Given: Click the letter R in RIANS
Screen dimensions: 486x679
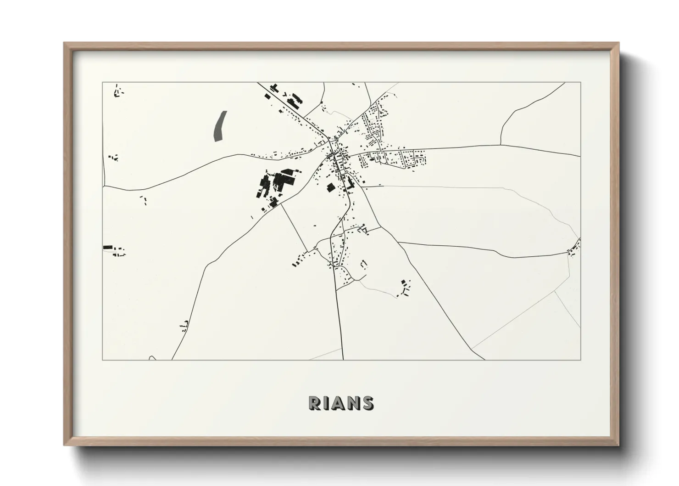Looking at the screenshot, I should click(315, 403).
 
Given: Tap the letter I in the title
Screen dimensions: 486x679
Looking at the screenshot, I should click(327, 403).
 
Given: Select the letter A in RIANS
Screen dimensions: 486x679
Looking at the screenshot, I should click(339, 403).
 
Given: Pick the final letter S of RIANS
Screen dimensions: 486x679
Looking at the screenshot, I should click(367, 403).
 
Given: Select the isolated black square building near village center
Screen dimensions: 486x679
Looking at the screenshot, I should click(330, 187).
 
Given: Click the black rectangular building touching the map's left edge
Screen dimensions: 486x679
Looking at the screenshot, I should click(108, 248).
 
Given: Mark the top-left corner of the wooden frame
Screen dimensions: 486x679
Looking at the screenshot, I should click(65, 44).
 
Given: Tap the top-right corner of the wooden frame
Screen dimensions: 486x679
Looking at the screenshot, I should click(618, 44).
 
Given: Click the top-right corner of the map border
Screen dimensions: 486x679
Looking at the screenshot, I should click(580, 83).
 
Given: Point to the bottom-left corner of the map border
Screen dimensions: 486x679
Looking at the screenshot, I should click(103, 360).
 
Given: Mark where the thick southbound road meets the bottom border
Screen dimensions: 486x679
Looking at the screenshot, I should click(343, 359).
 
